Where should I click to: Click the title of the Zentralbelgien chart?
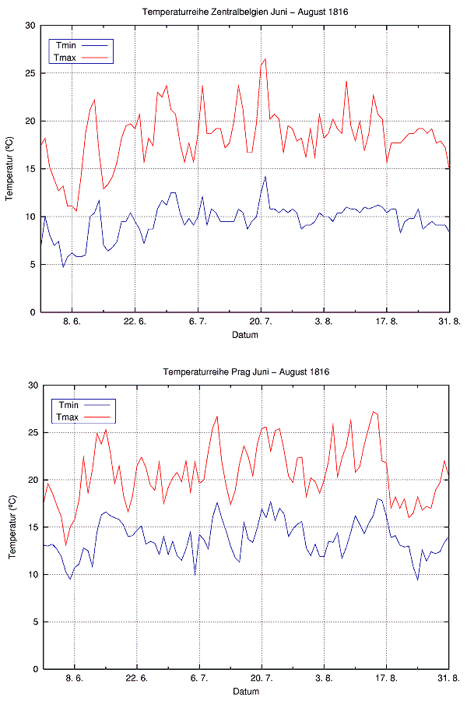click(x=245, y=12)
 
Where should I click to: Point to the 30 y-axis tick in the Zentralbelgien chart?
click(x=30, y=26)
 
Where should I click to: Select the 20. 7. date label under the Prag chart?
click(x=262, y=678)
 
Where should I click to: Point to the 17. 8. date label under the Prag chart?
click(x=387, y=678)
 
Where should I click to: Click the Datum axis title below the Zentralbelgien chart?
click(x=245, y=335)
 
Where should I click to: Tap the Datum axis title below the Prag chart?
click(x=245, y=692)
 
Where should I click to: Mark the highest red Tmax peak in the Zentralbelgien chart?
click(x=265, y=59)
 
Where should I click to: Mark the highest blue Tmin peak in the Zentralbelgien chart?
click(x=265, y=176)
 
